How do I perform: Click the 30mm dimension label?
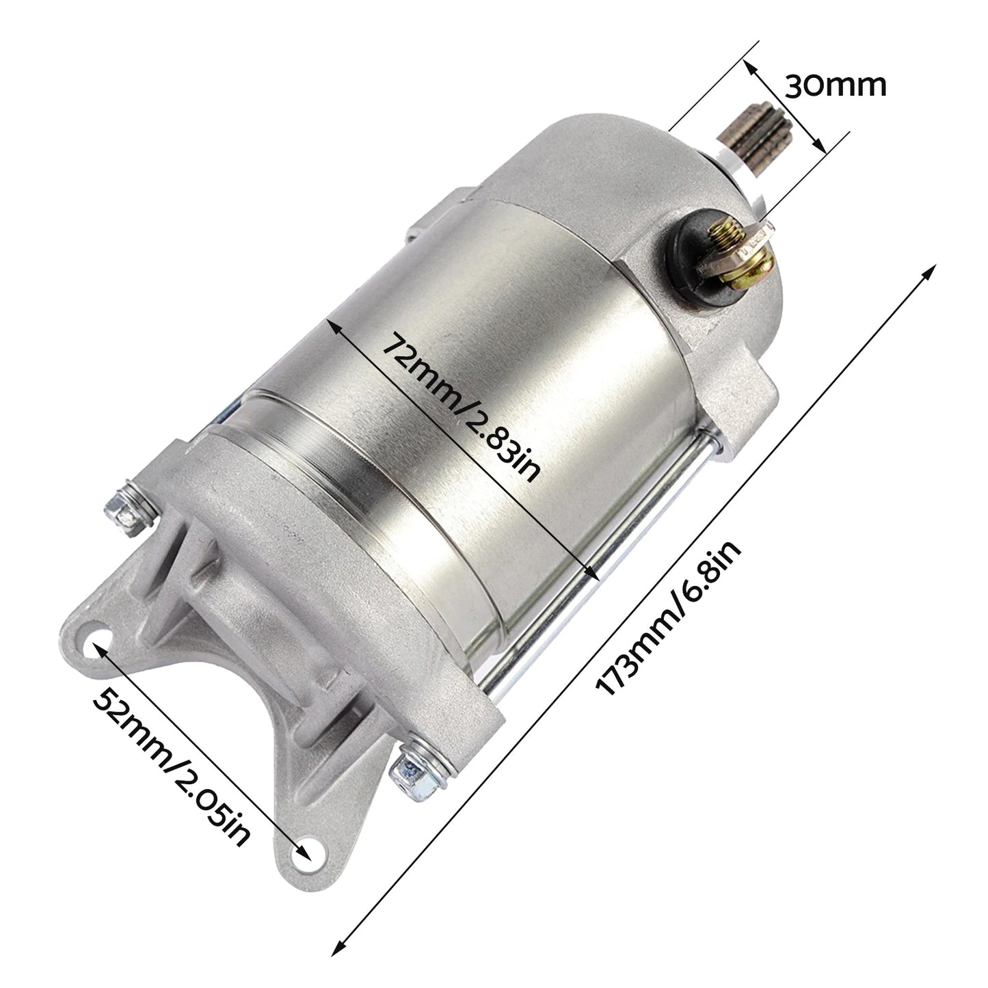pyautogui.click(x=835, y=86)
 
